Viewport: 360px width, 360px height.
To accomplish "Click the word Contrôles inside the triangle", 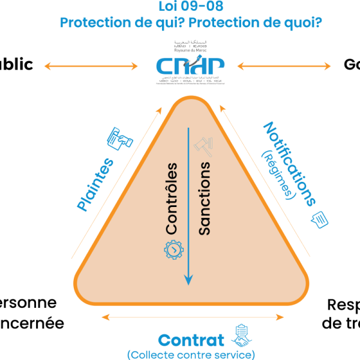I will (172, 197).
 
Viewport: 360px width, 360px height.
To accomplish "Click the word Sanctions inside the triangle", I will (204, 197).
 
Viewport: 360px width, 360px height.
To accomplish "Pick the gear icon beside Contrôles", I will (173, 248).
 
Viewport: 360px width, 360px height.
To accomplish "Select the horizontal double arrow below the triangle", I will (191, 316).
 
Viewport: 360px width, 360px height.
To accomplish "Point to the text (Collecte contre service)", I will (191, 355).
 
